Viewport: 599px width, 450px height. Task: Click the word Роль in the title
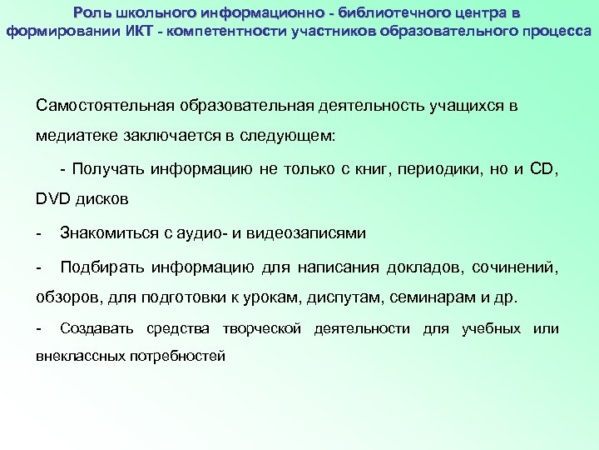90,12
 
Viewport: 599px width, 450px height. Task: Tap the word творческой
261,329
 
